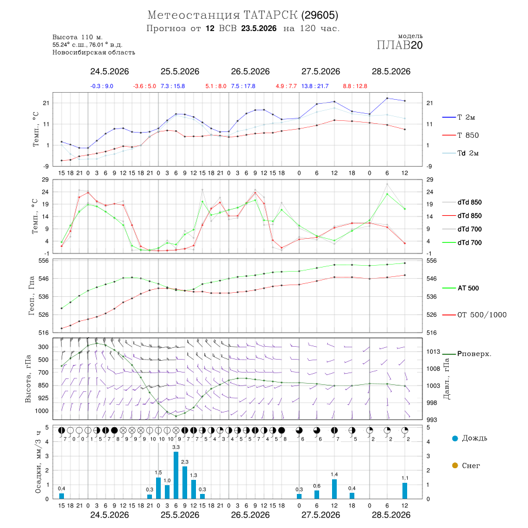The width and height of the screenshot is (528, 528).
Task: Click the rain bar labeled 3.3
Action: click(x=176, y=475)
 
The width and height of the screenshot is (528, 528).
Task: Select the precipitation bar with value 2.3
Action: click(x=185, y=483)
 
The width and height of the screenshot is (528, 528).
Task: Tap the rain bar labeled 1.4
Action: click(x=334, y=489)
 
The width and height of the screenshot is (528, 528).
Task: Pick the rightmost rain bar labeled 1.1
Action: click(x=405, y=491)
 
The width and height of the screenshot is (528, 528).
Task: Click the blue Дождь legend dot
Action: click(x=455, y=438)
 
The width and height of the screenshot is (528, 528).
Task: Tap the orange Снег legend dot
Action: click(x=455, y=465)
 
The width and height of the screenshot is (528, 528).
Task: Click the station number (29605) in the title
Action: click(x=320, y=15)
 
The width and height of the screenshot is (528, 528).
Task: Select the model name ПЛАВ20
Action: click(x=400, y=45)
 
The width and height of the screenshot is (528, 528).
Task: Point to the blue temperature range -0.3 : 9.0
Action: click(x=101, y=86)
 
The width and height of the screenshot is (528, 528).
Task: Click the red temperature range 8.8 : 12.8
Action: click(x=355, y=86)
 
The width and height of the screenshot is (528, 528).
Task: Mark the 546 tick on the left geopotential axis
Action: click(x=44, y=279)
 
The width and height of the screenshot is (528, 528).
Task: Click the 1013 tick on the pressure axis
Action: click(x=434, y=351)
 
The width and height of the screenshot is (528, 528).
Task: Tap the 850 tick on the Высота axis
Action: click(x=43, y=385)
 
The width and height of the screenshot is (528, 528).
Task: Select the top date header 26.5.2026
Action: click(x=250, y=72)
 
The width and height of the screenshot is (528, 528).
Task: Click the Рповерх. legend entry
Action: click(x=467, y=354)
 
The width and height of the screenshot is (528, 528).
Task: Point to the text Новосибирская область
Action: click(x=94, y=52)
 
